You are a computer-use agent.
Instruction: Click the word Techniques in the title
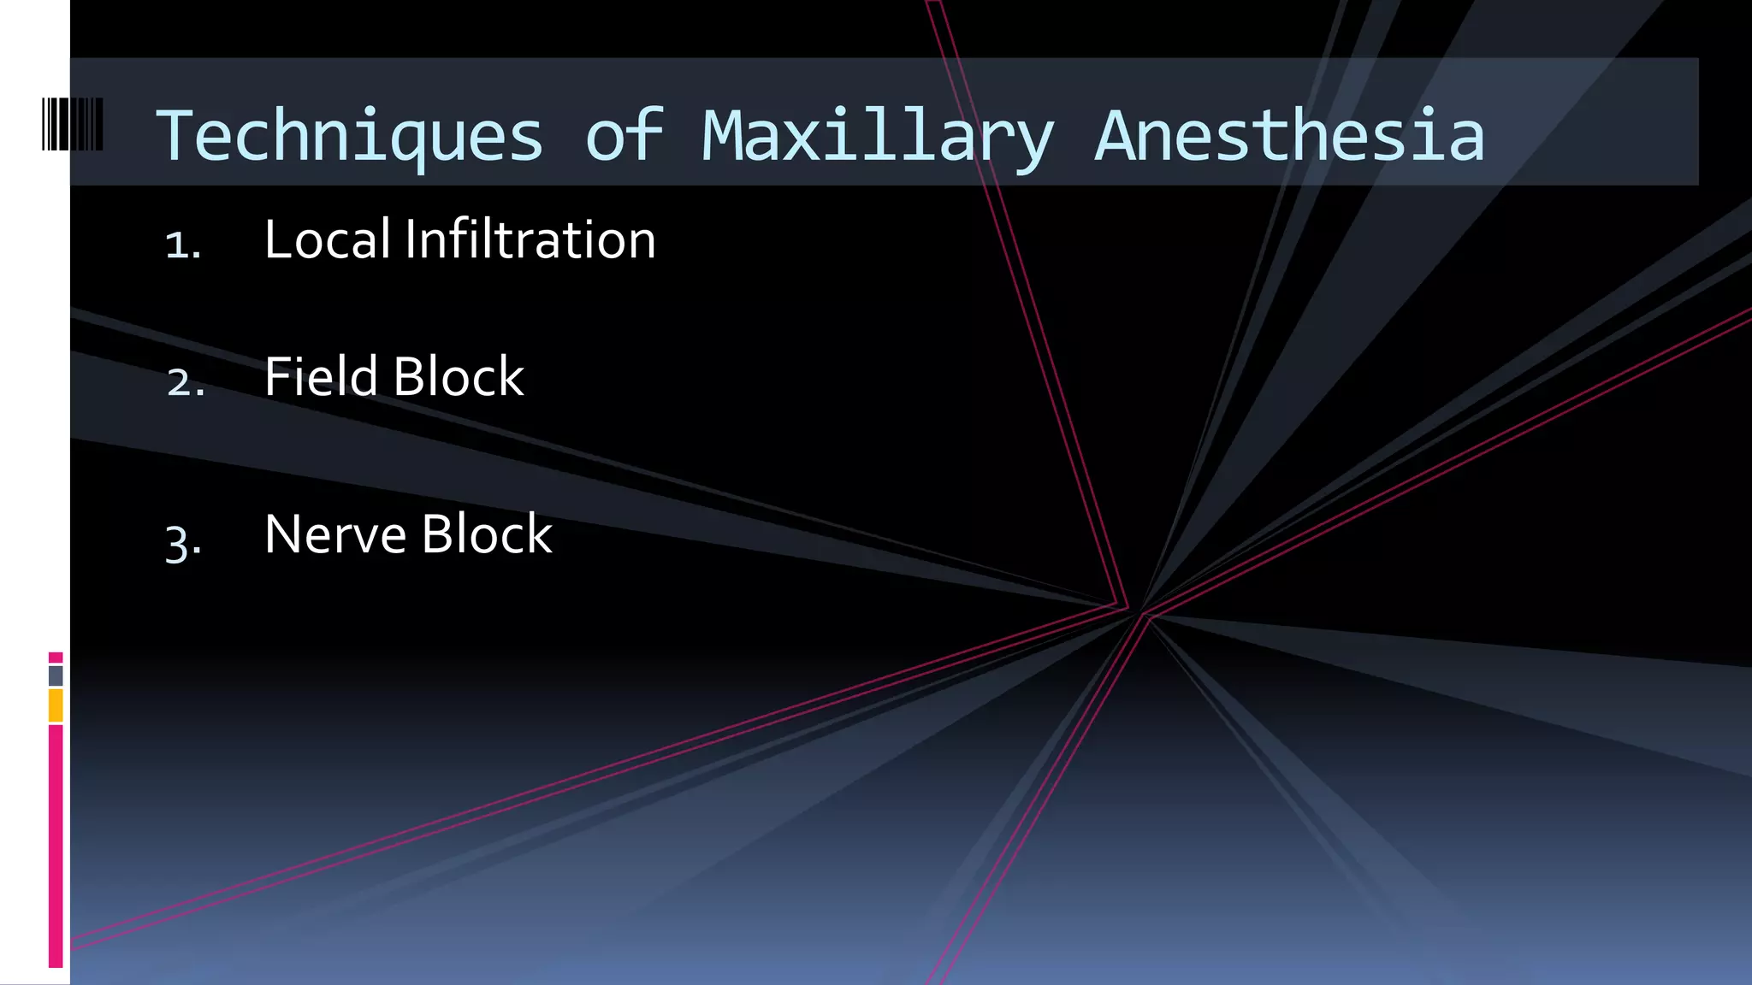[x=349, y=137]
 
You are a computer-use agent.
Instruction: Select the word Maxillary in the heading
[x=878, y=137]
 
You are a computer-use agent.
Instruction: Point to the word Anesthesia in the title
[x=1290, y=137]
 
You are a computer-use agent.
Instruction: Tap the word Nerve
[x=335, y=534]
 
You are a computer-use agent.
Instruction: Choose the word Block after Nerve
[x=487, y=534]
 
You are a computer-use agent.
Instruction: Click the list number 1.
[x=181, y=245]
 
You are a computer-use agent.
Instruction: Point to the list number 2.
[x=185, y=382]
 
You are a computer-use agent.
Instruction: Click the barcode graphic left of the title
[x=73, y=125]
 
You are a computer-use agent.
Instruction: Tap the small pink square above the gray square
[x=56, y=658]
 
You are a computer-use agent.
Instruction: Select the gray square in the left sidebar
[x=56, y=676]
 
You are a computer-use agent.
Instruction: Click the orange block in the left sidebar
[x=56, y=706]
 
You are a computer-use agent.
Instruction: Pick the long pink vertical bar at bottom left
[x=56, y=846]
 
